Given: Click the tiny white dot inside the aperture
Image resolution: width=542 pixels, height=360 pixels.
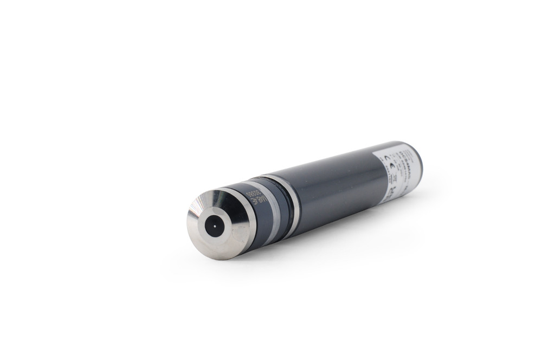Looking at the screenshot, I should coord(215,226).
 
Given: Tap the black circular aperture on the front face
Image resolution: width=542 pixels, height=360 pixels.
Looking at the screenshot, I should coord(215,226).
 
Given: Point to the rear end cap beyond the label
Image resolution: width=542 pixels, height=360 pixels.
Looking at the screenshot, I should coord(418,163).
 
